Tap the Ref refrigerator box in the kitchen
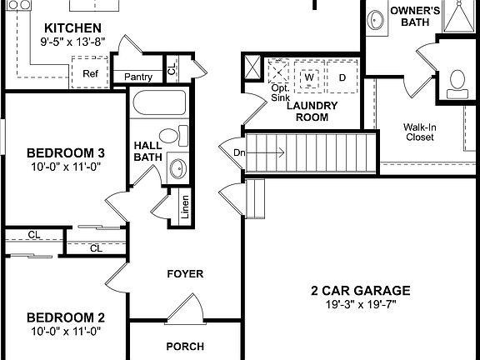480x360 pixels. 90,72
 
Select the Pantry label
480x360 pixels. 137,77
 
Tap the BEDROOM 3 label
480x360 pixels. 65,153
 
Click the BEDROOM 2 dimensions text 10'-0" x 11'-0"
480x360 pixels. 64,331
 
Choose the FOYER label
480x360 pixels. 185,274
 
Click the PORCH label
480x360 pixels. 185,347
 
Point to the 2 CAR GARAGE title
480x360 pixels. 360,291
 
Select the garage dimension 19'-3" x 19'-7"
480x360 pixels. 360,305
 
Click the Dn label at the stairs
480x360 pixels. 239,152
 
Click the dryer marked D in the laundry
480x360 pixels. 342,77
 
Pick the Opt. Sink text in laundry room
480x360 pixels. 280,92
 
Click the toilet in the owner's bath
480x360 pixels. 457,80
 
